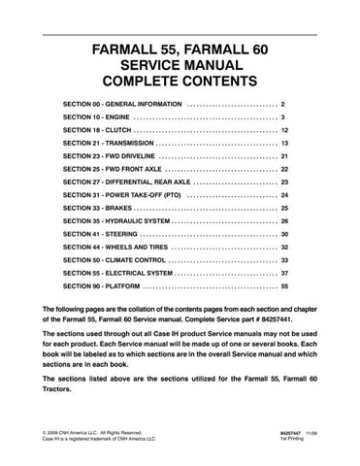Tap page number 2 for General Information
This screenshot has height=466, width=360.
[281, 102]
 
